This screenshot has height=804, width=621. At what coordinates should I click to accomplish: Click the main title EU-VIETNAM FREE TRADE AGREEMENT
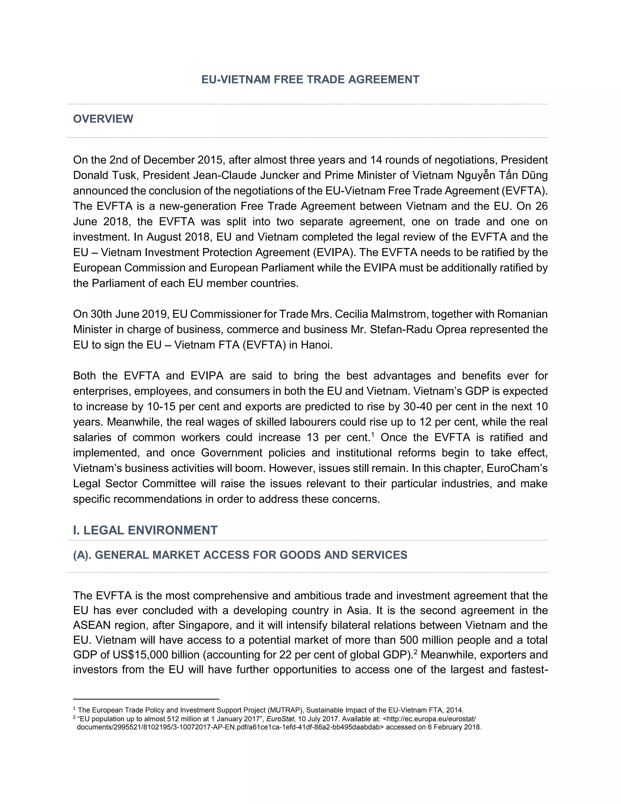click(310, 79)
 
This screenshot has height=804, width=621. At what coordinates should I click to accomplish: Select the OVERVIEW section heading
click(103, 119)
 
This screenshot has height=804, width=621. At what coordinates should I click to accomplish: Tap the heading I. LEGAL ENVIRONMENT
click(145, 530)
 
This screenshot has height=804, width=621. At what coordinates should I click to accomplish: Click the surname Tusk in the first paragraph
click(126, 175)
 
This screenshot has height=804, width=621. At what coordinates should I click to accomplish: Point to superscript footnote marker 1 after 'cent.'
click(373, 434)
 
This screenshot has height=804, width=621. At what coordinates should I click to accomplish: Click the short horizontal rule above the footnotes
click(146, 699)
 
